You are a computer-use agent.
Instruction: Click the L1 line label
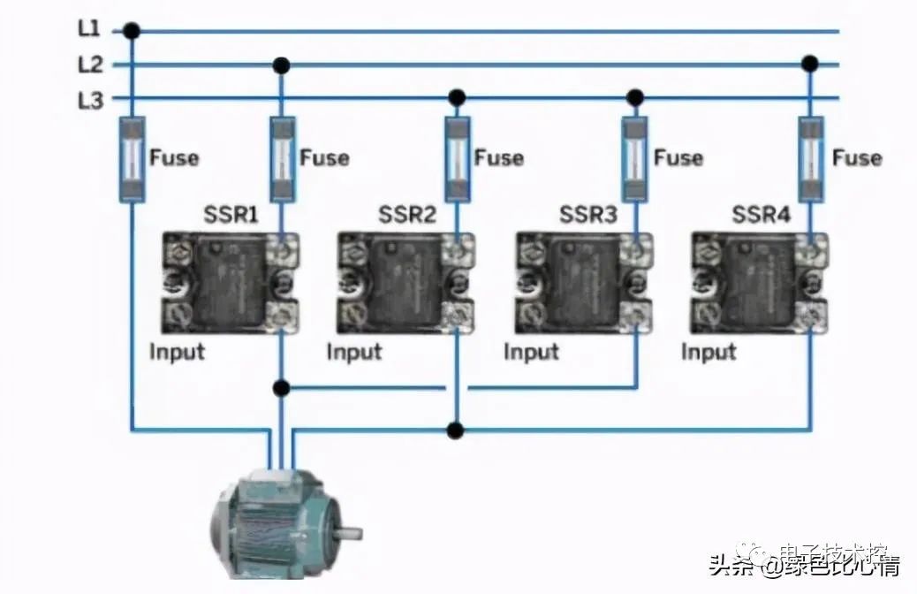coord(89,28)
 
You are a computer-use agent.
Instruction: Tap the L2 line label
coord(89,65)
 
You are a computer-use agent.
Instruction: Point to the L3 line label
coord(89,100)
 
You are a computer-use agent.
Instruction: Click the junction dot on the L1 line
coord(132,32)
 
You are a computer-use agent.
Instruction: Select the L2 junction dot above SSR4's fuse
coord(809,64)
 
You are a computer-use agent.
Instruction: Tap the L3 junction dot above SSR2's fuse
coord(457,96)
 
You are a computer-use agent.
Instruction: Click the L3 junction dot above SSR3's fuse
coord(634,96)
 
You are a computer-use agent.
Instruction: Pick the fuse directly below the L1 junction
coord(132,159)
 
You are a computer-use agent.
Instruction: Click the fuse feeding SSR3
coord(634,159)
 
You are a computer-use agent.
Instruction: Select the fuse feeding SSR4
coord(810,159)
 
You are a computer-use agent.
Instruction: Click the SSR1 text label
coord(231,215)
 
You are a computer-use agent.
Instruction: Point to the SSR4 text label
coord(761,215)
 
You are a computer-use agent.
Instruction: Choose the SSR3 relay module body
coord(583,283)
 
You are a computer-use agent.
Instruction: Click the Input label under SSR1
coord(177,352)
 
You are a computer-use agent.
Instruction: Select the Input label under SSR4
coord(709,352)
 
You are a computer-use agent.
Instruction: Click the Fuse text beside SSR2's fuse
coord(499,158)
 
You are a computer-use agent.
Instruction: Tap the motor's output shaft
coord(350,533)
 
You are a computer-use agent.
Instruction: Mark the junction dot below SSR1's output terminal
coord(281,387)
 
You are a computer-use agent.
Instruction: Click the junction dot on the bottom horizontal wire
coord(456,430)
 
